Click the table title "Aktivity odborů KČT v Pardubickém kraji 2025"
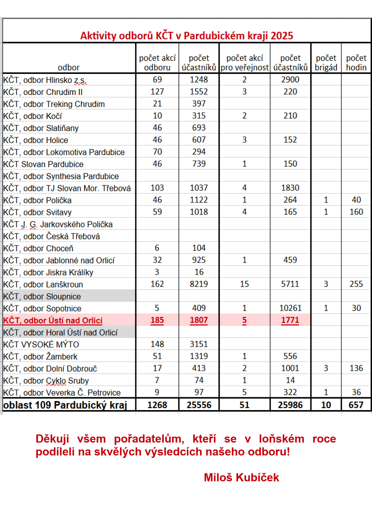click(x=186, y=36)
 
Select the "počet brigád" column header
click(x=326, y=62)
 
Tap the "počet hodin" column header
click(x=356, y=62)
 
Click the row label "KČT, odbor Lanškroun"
click(x=43, y=284)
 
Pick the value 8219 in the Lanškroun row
click(x=199, y=284)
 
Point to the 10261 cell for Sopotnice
click(x=290, y=308)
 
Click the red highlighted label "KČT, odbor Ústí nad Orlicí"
click(x=53, y=321)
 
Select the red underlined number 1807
click(x=199, y=320)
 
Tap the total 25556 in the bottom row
click(x=199, y=405)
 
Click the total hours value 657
click(x=356, y=405)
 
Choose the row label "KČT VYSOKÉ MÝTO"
click(x=41, y=344)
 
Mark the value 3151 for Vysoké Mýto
click(x=199, y=344)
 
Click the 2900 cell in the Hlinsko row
click(x=290, y=80)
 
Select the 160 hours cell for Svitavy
click(x=356, y=212)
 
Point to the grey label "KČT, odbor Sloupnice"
click(x=42, y=297)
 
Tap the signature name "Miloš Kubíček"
click(x=241, y=477)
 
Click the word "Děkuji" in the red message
click(x=52, y=439)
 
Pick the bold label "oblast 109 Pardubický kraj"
click(x=65, y=405)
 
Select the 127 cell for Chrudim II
click(x=157, y=92)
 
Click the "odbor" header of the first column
click(x=69, y=68)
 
